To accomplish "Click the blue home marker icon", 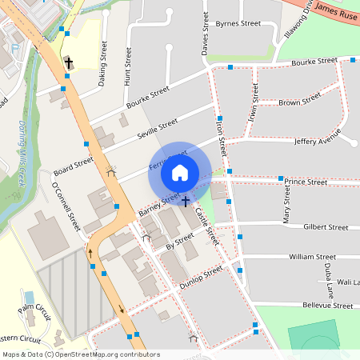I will (180, 172).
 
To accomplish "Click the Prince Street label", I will (306, 182).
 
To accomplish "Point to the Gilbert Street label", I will (325, 227).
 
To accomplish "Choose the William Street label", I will (313, 257).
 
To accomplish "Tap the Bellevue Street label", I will (327, 306).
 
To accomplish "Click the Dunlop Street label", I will (202, 276).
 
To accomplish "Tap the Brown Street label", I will (299, 101).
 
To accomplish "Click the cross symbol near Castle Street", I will (186, 202).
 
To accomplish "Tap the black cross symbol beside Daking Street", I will (69, 62).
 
